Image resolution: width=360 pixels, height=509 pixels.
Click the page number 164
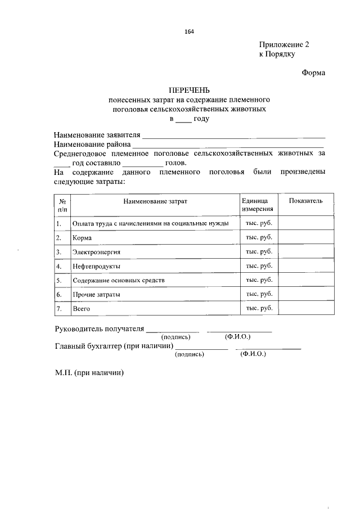(x=189, y=31)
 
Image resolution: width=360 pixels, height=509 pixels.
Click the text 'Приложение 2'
(x=284, y=44)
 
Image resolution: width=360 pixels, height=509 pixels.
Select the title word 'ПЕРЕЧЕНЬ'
(x=190, y=90)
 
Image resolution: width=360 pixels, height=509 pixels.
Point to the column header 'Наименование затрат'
(x=154, y=201)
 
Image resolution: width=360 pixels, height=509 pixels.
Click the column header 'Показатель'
(x=306, y=201)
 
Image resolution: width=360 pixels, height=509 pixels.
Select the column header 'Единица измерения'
(x=258, y=205)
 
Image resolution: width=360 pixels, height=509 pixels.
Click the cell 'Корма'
(x=82, y=238)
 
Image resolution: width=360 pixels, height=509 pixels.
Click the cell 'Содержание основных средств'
(x=119, y=280)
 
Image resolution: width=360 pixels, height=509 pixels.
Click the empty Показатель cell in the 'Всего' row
(x=306, y=308)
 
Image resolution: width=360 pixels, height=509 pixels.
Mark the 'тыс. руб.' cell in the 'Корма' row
(x=259, y=237)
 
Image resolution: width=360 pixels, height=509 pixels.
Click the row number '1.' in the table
(x=58, y=224)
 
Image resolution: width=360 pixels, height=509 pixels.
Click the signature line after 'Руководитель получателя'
(x=173, y=331)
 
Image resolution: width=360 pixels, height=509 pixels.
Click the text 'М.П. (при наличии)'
(x=89, y=373)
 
